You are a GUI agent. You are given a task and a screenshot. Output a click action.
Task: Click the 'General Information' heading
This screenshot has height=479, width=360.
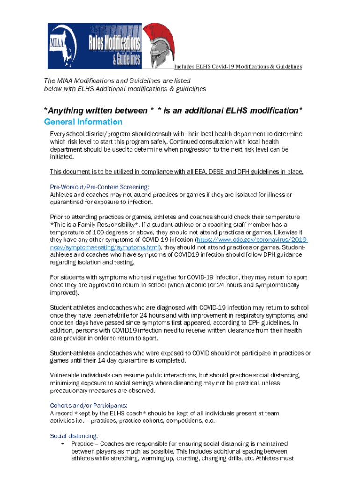[83, 122]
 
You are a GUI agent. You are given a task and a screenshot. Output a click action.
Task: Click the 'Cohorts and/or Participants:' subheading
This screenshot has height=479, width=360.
[89, 406]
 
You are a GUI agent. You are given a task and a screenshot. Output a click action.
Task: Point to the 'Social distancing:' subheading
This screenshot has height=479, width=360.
[74, 436]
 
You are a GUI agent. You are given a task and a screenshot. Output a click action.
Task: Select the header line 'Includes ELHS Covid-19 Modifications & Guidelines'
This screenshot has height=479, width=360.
[238, 67]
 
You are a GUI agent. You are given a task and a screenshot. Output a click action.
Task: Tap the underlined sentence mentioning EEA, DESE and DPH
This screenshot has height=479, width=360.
[177, 172]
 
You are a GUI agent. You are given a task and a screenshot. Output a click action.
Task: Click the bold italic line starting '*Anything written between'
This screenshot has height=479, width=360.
[173, 111]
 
